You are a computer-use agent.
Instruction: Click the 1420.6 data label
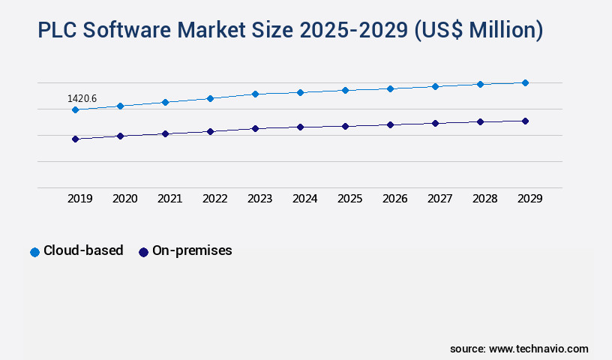tap(82, 98)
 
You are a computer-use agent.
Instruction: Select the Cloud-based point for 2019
tap(75, 109)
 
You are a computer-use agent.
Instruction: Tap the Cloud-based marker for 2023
tap(255, 94)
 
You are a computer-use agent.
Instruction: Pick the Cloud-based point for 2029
tap(525, 82)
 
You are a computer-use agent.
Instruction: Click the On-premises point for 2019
tap(75, 139)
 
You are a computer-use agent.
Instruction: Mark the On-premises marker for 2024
tap(300, 127)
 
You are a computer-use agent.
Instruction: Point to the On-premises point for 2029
tap(525, 121)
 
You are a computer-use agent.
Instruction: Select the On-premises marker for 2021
tap(165, 133)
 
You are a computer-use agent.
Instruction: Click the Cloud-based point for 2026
tap(390, 88)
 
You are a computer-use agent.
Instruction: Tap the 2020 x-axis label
tap(124, 199)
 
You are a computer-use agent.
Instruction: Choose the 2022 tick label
tap(214, 199)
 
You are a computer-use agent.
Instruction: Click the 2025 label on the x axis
tap(349, 199)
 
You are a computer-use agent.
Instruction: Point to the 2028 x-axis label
tap(484, 199)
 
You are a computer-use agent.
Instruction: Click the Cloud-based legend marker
tap(34, 252)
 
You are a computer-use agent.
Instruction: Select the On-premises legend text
tap(192, 251)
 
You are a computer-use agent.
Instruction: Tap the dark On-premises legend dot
tap(143, 252)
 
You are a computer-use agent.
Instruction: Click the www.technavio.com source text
tap(538, 349)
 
